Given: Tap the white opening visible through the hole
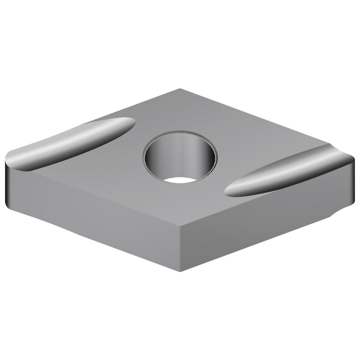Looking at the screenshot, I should (180, 180).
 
